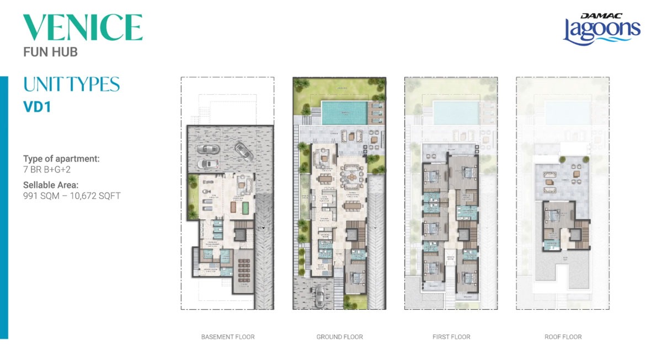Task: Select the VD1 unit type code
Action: [x=37, y=107]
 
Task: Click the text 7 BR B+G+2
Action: [x=47, y=170]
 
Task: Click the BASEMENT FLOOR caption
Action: [x=228, y=336]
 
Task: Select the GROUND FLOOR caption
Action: [x=339, y=336]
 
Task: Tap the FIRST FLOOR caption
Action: [x=451, y=336]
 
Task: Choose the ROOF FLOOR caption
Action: [x=563, y=336]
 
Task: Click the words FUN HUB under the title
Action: [x=50, y=52]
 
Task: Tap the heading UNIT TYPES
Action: [x=71, y=84]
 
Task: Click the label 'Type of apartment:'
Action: [x=61, y=159]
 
